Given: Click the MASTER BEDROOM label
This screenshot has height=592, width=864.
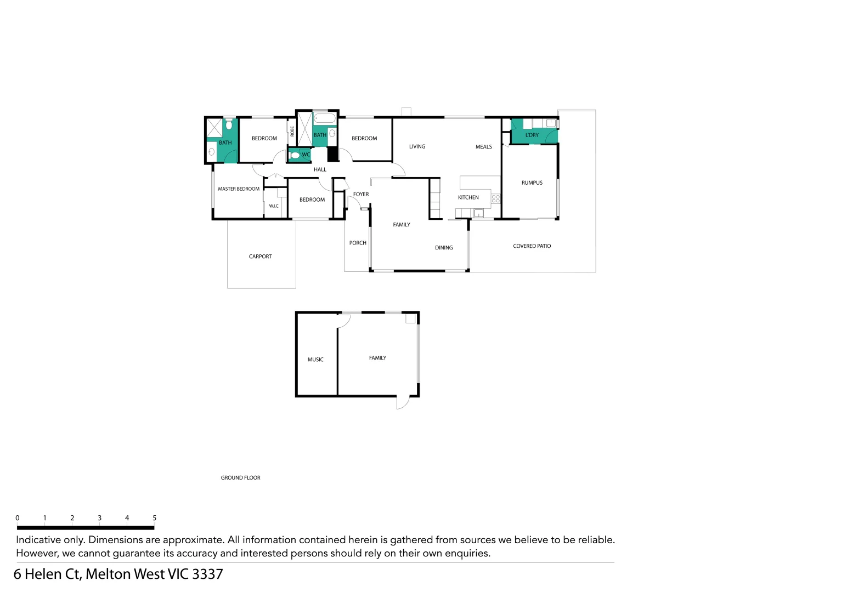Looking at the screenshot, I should pyautogui.click(x=239, y=189).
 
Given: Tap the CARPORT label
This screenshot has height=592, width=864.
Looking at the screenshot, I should pyautogui.click(x=260, y=257).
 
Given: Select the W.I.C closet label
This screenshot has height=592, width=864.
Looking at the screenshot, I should pyautogui.click(x=274, y=206).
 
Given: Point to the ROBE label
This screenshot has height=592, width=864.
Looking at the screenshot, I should pyautogui.click(x=292, y=132).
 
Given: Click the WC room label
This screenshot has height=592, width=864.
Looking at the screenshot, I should pyautogui.click(x=306, y=155).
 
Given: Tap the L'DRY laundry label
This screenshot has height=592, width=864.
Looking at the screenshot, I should pyautogui.click(x=532, y=135).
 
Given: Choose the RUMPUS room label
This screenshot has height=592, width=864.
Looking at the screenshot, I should pyautogui.click(x=532, y=183).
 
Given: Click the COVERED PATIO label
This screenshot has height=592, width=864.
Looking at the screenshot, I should pyautogui.click(x=532, y=246).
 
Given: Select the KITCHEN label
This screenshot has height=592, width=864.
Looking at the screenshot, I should pyautogui.click(x=468, y=198).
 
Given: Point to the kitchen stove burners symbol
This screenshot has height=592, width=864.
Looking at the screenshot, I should pyautogui.click(x=496, y=198).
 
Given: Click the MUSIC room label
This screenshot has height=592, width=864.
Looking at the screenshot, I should pyautogui.click(x=315, y=360).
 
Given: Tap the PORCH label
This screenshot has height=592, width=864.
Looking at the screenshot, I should pyautogui.click(x=358, y=243).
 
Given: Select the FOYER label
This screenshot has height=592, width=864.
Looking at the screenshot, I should pyautogui.click(x=361, y=195).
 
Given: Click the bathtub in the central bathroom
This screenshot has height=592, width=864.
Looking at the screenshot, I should pyautogui.click(x=325, y=118).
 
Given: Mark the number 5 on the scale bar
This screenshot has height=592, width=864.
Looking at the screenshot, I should pyautogui.click(x=154, y=518).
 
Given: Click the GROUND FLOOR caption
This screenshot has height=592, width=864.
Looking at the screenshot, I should pyautogui.click(x=240, y=478).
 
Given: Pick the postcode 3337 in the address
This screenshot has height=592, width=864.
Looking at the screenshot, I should pyautogui.click(x=207, y=574).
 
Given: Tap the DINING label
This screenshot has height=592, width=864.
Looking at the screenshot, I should pyautogui.click(x=444, y=248).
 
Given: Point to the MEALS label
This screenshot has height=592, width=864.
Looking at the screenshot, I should pyautogui.click(x=483, y=147).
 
